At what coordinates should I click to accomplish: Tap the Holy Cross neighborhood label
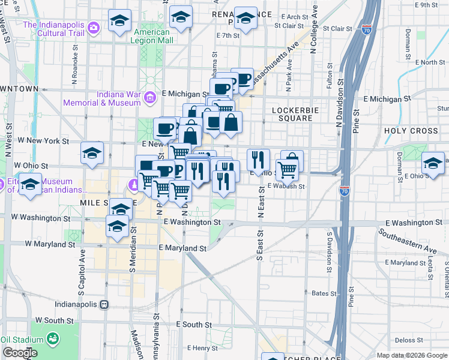tap(412, 131)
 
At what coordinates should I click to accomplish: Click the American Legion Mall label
tap(154, 35)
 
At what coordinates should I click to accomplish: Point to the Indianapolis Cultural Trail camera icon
tap(93, 28)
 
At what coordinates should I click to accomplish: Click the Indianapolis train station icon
tap(104, 304)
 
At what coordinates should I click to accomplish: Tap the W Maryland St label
tap(50, 244)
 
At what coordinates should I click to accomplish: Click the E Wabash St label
tap(286, 186)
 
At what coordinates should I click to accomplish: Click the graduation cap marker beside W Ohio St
tap(92, 154)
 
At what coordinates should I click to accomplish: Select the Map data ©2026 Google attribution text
tap(412, 355)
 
